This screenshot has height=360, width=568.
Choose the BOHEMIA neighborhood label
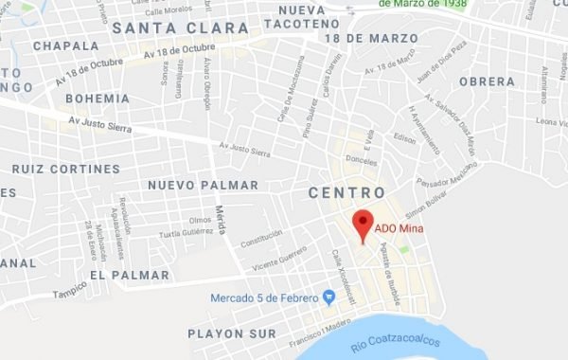98,98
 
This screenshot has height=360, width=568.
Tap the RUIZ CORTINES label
66,168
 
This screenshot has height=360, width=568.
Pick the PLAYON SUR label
232,333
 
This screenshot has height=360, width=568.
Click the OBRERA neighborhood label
486,81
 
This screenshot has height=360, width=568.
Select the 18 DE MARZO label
370,37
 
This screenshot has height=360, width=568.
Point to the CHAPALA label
65,45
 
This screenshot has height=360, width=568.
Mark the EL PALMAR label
130,275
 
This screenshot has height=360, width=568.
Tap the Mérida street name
222,221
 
